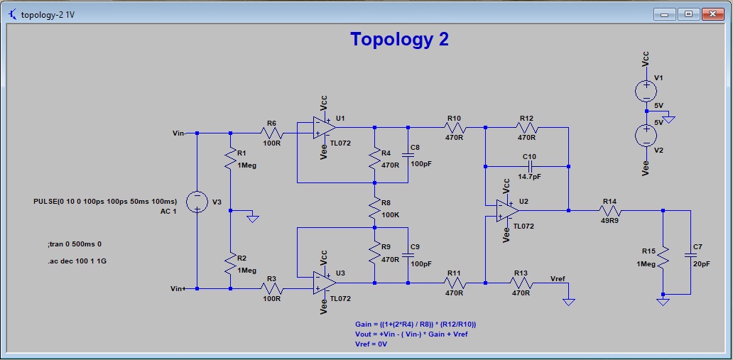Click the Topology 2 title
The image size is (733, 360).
tap(399, 40)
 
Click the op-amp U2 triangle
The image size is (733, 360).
tap(507, 210)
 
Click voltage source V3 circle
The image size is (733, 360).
tap(197, 202)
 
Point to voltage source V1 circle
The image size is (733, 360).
tap(646, 91)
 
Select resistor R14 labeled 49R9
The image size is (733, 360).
tap(610, 210)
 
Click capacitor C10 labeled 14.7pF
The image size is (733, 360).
tap(529, 166)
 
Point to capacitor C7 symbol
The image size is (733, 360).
tap(689, 253)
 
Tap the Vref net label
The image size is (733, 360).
tap(559, 278)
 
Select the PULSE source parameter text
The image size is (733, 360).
tap(105, 202)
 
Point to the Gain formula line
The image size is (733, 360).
tap(415, 324)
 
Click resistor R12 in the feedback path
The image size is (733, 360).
tap(526, 128)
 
